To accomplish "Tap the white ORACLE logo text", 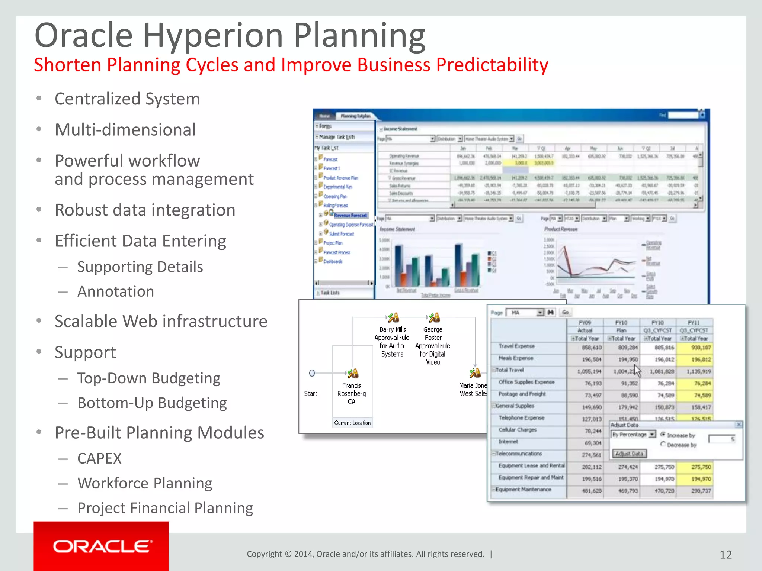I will coord(102,546).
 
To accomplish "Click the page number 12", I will coord(726,555).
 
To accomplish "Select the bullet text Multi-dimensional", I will coord(125,130).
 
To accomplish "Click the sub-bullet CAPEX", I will coord(99,458).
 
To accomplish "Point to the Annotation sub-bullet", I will coord(116,291).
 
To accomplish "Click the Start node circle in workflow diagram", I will coord(312,373).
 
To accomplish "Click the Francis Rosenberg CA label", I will coord(351,393).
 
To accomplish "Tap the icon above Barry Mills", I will coord(393,317).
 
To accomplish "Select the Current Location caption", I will coord(352,423).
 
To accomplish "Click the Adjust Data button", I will coord(629,454).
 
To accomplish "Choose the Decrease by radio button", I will coord(663,444).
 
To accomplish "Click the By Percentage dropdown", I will coord(633,434).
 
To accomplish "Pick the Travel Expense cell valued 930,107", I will coord(694,348).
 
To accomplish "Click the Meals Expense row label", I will coord(516,358).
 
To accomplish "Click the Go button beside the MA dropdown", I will coord(565,313).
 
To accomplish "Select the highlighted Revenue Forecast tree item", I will coord(350,215).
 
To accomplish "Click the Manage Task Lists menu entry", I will coord(337,137).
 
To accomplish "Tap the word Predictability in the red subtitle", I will coord(492,65).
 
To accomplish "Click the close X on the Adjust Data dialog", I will coord(739,424).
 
